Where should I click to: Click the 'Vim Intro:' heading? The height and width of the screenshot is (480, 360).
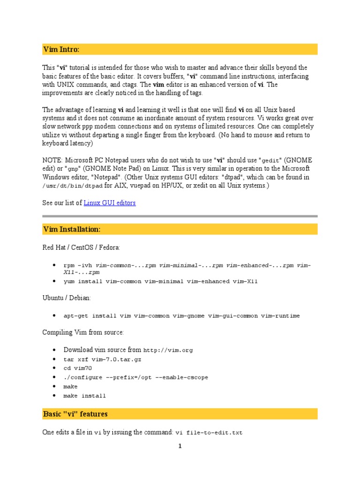[61, 49]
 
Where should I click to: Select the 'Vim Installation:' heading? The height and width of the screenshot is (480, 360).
[72, 229]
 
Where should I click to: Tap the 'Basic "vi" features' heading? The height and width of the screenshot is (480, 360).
[75, 414]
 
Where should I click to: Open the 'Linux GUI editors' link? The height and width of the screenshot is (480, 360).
[110, 203]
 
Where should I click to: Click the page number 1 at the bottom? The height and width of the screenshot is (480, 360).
[180, 446]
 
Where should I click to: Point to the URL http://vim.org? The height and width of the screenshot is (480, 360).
[168, 350]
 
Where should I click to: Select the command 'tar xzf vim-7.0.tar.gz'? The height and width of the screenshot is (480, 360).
[102, 359]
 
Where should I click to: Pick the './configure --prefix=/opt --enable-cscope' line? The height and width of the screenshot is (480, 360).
[135, 377]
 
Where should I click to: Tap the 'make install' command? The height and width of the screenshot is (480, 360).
[84, 396]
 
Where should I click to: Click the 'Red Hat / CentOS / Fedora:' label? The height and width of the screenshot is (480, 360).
[81, 247]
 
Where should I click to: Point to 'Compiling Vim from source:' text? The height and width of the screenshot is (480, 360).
[83, 332]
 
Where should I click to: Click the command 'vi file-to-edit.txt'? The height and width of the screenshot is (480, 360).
[209, 433]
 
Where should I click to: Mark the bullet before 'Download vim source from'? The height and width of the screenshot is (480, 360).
[54, 350]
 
